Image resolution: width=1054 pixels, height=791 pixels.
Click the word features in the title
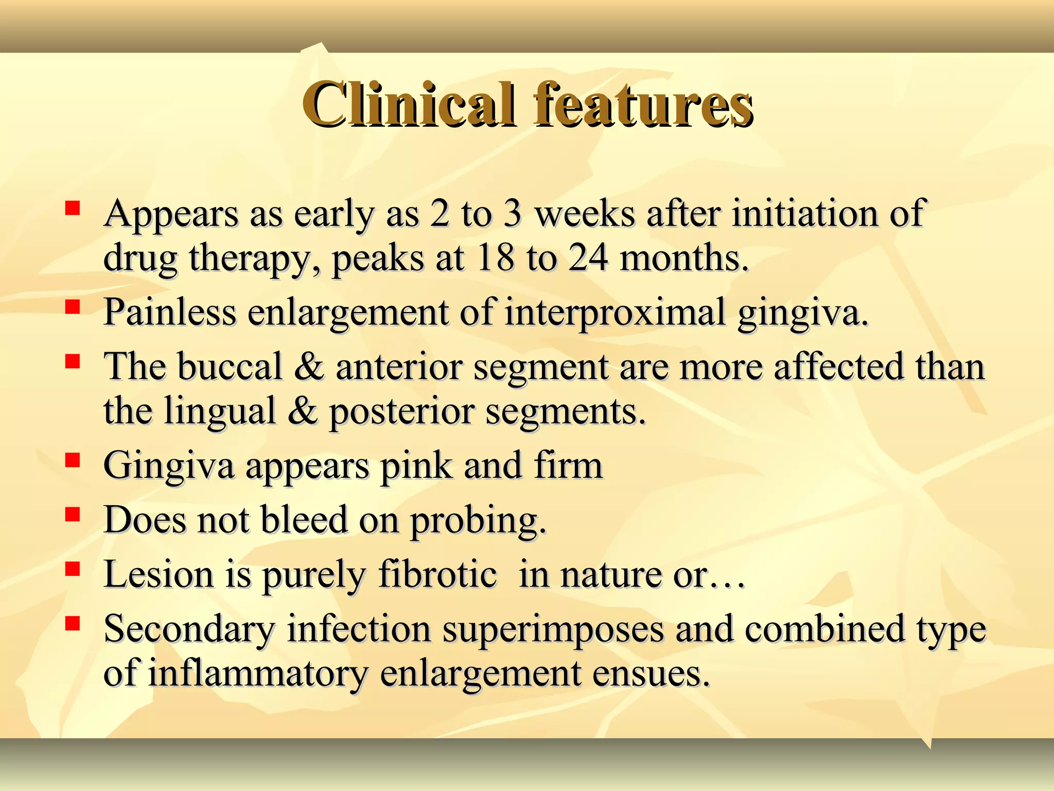click(643, 105)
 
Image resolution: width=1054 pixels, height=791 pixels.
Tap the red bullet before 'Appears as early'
click(73, 208)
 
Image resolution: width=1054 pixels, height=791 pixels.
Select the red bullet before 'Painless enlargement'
click(73, 307)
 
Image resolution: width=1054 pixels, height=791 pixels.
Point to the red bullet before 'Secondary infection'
click(73, 623)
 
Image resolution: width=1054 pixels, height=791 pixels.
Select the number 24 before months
click(588, 257)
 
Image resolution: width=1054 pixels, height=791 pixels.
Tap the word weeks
click(585, 213)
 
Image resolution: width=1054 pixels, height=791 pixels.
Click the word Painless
click(169, 312)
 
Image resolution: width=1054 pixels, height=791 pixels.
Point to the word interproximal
click(616, 313)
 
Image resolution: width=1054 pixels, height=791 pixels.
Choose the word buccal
click(230, 366)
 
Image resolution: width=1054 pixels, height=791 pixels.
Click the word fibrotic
click(437, 574)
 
